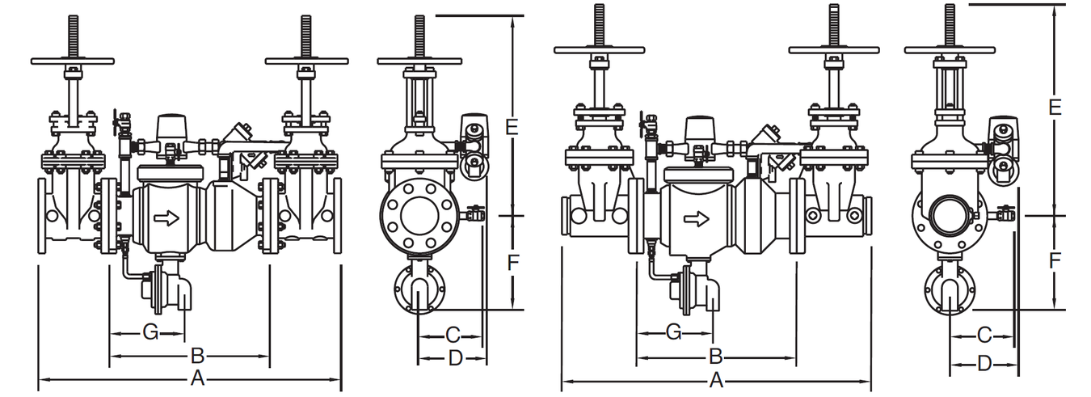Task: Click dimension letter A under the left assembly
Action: [197, 378]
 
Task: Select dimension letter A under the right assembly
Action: [716, 381]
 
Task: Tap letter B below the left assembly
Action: [197, 356]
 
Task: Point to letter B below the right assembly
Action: [716, 357]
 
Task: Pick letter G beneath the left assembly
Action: [151, 332]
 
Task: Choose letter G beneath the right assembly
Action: [674, 332]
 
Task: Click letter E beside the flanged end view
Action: [512, 127]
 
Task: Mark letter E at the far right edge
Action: [1055, 108]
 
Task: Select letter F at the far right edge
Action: [1055, 260]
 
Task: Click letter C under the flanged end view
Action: [453, 335]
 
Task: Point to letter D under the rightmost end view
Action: [985, 363]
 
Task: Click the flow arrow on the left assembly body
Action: [166, 219]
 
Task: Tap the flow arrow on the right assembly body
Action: [697, 219]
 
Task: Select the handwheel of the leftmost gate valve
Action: [73, 61]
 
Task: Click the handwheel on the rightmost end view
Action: [950, 49]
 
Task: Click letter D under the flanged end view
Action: [456, 358]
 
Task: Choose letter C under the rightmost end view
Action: [985, 335]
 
